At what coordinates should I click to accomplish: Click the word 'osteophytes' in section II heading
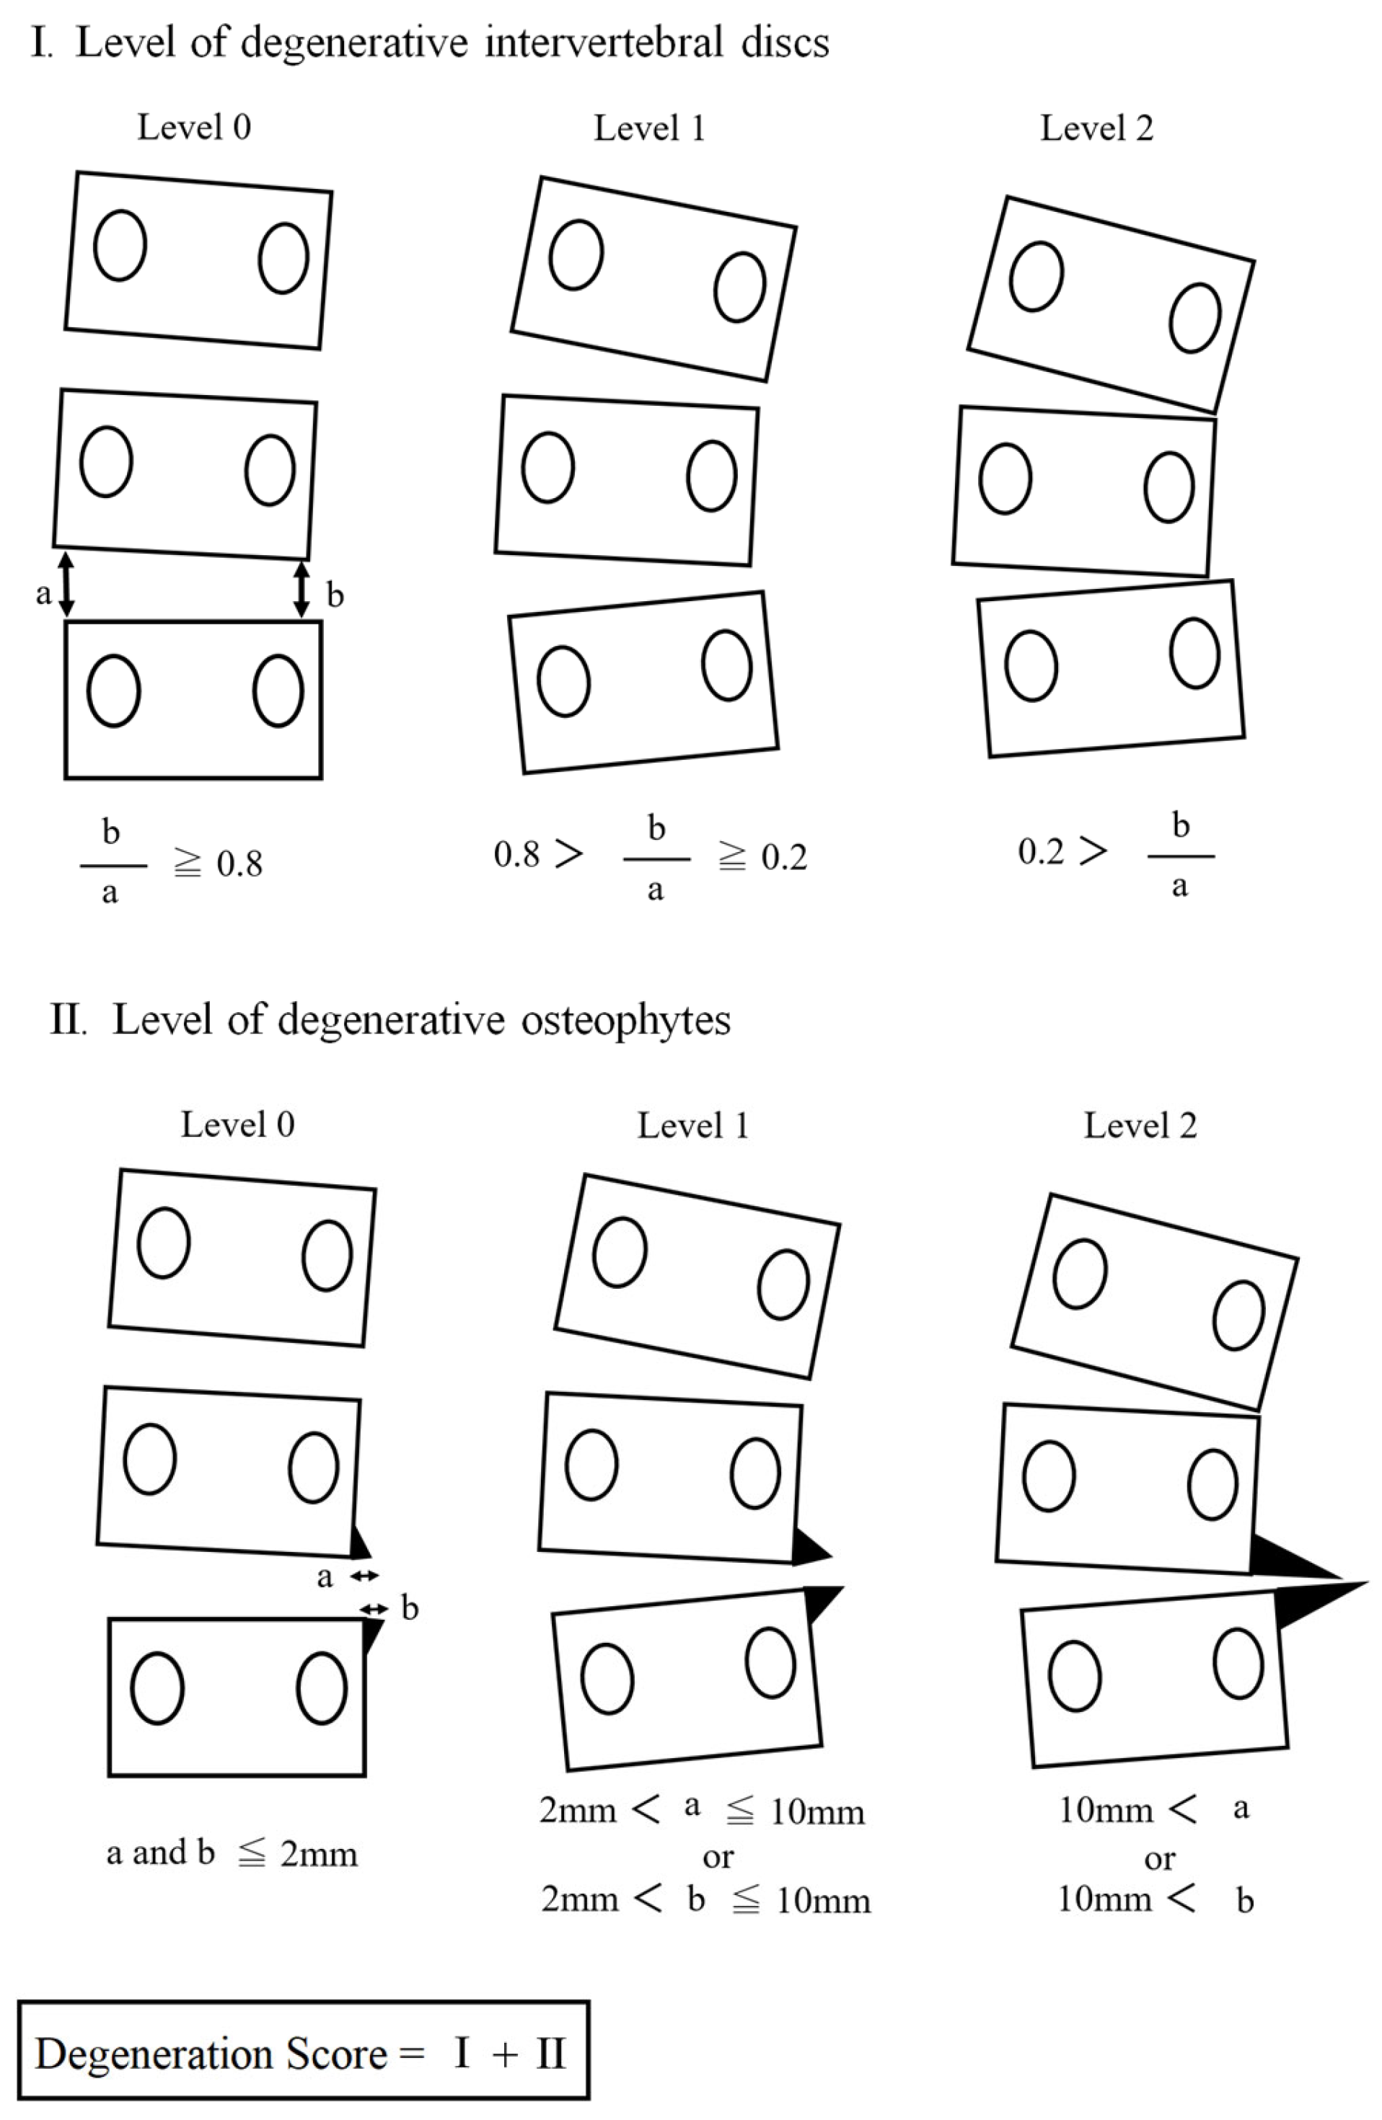click(625, 1020)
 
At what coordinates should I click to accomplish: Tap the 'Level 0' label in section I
click(193, 128)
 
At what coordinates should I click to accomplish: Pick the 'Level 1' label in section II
click(692, 1126)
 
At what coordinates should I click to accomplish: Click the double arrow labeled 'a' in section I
click(66, 585)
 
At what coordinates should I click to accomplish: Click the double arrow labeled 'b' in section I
click(302, 589)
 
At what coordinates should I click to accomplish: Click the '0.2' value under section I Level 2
click(1041, 851)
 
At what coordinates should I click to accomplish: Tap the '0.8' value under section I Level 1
click(516, 854)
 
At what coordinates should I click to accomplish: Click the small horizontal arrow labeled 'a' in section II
click(364, 1576)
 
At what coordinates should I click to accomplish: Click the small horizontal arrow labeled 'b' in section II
click(375, 1607)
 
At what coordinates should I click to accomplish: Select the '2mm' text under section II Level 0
click(318, 1854)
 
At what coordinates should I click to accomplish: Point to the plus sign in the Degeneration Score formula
click(504, 2055)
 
